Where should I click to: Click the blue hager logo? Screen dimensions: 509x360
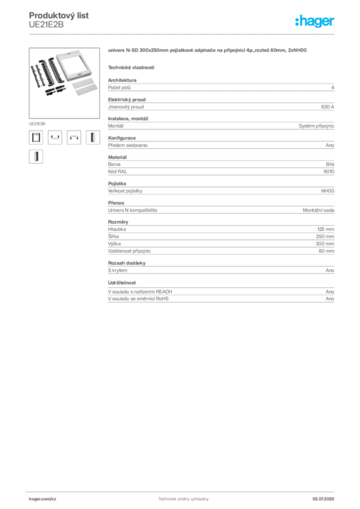pos(316,21)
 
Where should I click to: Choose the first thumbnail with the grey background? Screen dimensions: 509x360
pos(36,137)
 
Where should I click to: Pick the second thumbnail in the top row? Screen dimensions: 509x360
pos(55,137)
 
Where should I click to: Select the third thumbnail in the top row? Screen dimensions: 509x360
pos(74,137)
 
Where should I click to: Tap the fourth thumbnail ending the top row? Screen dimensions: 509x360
pos(92,137)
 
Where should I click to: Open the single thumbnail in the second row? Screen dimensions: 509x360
pos(36,157)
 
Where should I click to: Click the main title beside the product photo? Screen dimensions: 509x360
pos(209,51)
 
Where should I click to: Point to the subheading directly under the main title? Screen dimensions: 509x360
pos(131,67)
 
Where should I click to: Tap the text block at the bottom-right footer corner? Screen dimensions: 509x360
pos(326,498)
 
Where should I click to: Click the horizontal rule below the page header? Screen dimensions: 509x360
pos(183,34)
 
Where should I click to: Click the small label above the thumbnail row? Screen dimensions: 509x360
pos(37,121)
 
